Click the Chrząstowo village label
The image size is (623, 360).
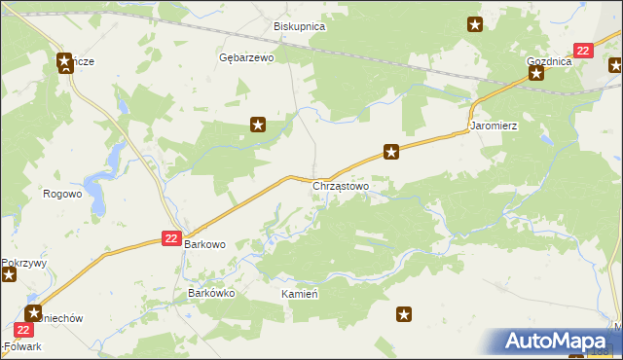pyautogui.click(x=341, y=185)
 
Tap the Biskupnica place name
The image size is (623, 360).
pyautogui.click(x=299, y=27)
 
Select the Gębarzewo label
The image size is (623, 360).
pyautogui.click(x=246, y=58)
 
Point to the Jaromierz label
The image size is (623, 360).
pyautogui.click(x=493, y=126)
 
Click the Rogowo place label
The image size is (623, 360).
pyautogui.click(x=62, y=194)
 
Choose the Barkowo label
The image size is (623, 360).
pyautogui.click(x=205, y=245)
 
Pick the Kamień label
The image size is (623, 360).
pyautogui.click(x=301, y=293)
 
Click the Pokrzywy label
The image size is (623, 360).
pyautogui.click(x=18, y=263)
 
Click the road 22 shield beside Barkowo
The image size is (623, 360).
pyautogui.click(x=171, y=238)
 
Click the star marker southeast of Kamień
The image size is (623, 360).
pyautogui.click(x=404, y=314)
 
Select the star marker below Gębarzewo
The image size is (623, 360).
pyautogui.click(x=258, y=124)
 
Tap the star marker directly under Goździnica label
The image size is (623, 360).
pyautogui.click(x=536, y=73)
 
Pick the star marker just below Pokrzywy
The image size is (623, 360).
pyautogui.click(x=10, y=275)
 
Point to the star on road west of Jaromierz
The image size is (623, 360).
pyautogui.click(x=391, y=151)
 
